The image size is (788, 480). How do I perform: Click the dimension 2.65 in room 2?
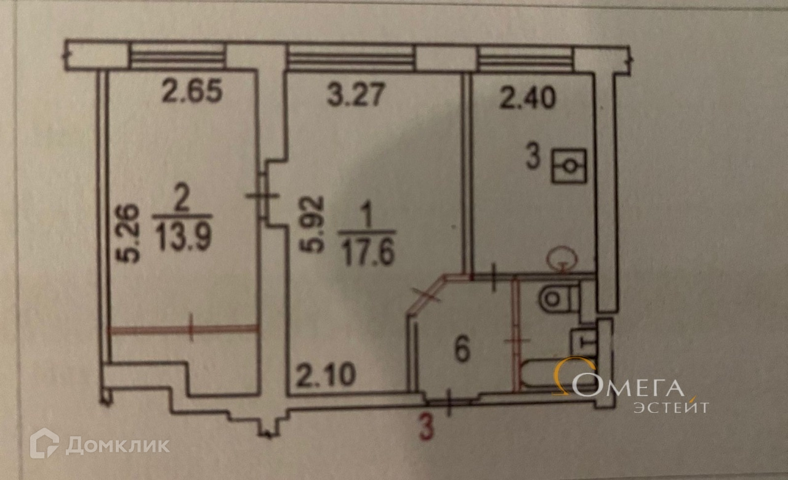(191, 93)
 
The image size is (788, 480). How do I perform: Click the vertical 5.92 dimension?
(313, 225)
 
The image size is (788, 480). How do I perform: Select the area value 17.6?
(367, 252)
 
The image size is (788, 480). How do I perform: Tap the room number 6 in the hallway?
(462, 351)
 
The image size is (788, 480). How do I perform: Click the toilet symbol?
(558, 300)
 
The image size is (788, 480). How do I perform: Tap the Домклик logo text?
(118, 445)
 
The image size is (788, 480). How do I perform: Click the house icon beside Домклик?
(44, 444)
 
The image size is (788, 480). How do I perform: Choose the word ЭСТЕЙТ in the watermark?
(671, 407)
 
